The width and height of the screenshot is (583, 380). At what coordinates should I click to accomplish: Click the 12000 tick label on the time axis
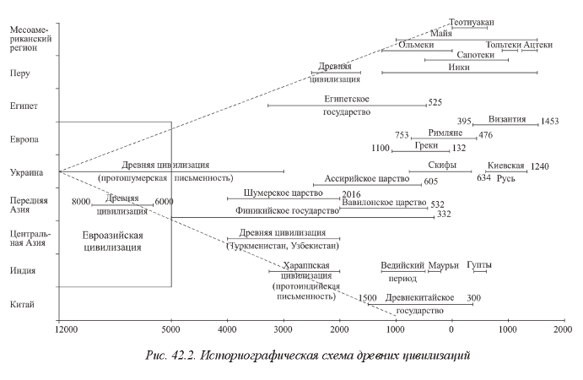click(x=67, y=329)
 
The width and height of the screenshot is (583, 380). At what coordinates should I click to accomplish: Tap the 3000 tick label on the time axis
click(x=283, y=329)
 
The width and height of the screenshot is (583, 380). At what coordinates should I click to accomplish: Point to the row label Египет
click(x=24, y=106)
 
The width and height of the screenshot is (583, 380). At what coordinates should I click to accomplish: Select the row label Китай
click(x=22, y=305)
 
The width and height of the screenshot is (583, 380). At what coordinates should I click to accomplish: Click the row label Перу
click(x=19, y=73)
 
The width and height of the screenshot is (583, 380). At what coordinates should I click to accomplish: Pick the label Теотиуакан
click(x=472, y=23)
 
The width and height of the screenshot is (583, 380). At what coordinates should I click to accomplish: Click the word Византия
click(x=507, y=119)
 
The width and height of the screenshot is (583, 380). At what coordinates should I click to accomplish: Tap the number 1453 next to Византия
click(x=549, y=122)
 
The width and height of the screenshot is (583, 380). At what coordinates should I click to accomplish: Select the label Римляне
click(x=445, y=133)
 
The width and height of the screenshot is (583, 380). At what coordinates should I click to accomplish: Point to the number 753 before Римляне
click(x=402, y=135)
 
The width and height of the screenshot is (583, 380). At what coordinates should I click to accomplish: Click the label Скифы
click(x=442, y=165)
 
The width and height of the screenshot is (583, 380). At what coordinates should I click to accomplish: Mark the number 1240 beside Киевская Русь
click(x=539, y=166)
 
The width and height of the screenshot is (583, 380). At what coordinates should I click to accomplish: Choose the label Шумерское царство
click(x=283, y=193)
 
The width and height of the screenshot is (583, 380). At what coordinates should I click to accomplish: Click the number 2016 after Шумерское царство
click(x=351, y=194)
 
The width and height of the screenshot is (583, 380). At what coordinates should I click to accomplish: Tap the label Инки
click(x=459, y=68)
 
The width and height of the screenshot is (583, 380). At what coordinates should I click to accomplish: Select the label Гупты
click(x=479, y=265)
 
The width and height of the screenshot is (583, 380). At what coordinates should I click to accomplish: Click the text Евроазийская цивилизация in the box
click(x=112, y=242)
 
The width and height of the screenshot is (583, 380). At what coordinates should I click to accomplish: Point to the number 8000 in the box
click(x=81, y=202)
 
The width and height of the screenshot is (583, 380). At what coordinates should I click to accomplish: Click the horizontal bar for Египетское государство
click(x=347, y=106)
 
